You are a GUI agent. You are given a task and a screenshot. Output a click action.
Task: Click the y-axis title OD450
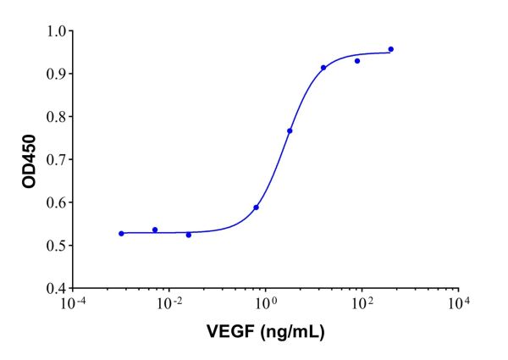tap(30, 159)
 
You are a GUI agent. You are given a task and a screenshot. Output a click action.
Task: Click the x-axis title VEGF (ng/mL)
tap(266, 331)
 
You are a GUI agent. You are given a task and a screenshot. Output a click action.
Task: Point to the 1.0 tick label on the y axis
tap(56, 31)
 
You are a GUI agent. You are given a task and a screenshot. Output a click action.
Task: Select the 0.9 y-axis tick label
tap(56, 74)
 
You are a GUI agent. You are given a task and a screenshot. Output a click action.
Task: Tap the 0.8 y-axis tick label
tap(56, 117)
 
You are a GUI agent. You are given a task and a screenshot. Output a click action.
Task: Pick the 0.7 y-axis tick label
tap(56, 159)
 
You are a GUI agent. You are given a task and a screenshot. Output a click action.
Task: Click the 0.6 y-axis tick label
tap(56, 202)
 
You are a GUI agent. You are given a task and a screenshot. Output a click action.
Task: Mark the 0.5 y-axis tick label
tap(56, 246)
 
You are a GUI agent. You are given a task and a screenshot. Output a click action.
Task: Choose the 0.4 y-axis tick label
tap(56, 288)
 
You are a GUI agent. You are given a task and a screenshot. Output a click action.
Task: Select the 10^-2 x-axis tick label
tap(169, 303)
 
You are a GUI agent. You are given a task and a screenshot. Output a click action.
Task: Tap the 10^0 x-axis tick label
tap(266, 303)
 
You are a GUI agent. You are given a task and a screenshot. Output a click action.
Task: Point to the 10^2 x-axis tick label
tap(362, 303)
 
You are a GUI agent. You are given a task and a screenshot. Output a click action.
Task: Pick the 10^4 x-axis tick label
tap(458, 303)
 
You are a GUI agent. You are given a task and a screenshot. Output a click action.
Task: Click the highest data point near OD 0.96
tap(390, 49)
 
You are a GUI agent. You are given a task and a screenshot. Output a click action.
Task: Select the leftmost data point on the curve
tap(121, 233)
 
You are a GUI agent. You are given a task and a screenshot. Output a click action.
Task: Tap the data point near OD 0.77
tap(290, 130)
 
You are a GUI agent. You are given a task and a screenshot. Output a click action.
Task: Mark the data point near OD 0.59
tap(256, 208)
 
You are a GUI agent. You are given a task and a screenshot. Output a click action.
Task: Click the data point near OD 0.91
tap(323, 68)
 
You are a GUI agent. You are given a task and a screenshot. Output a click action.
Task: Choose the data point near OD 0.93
tap(357, 61)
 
